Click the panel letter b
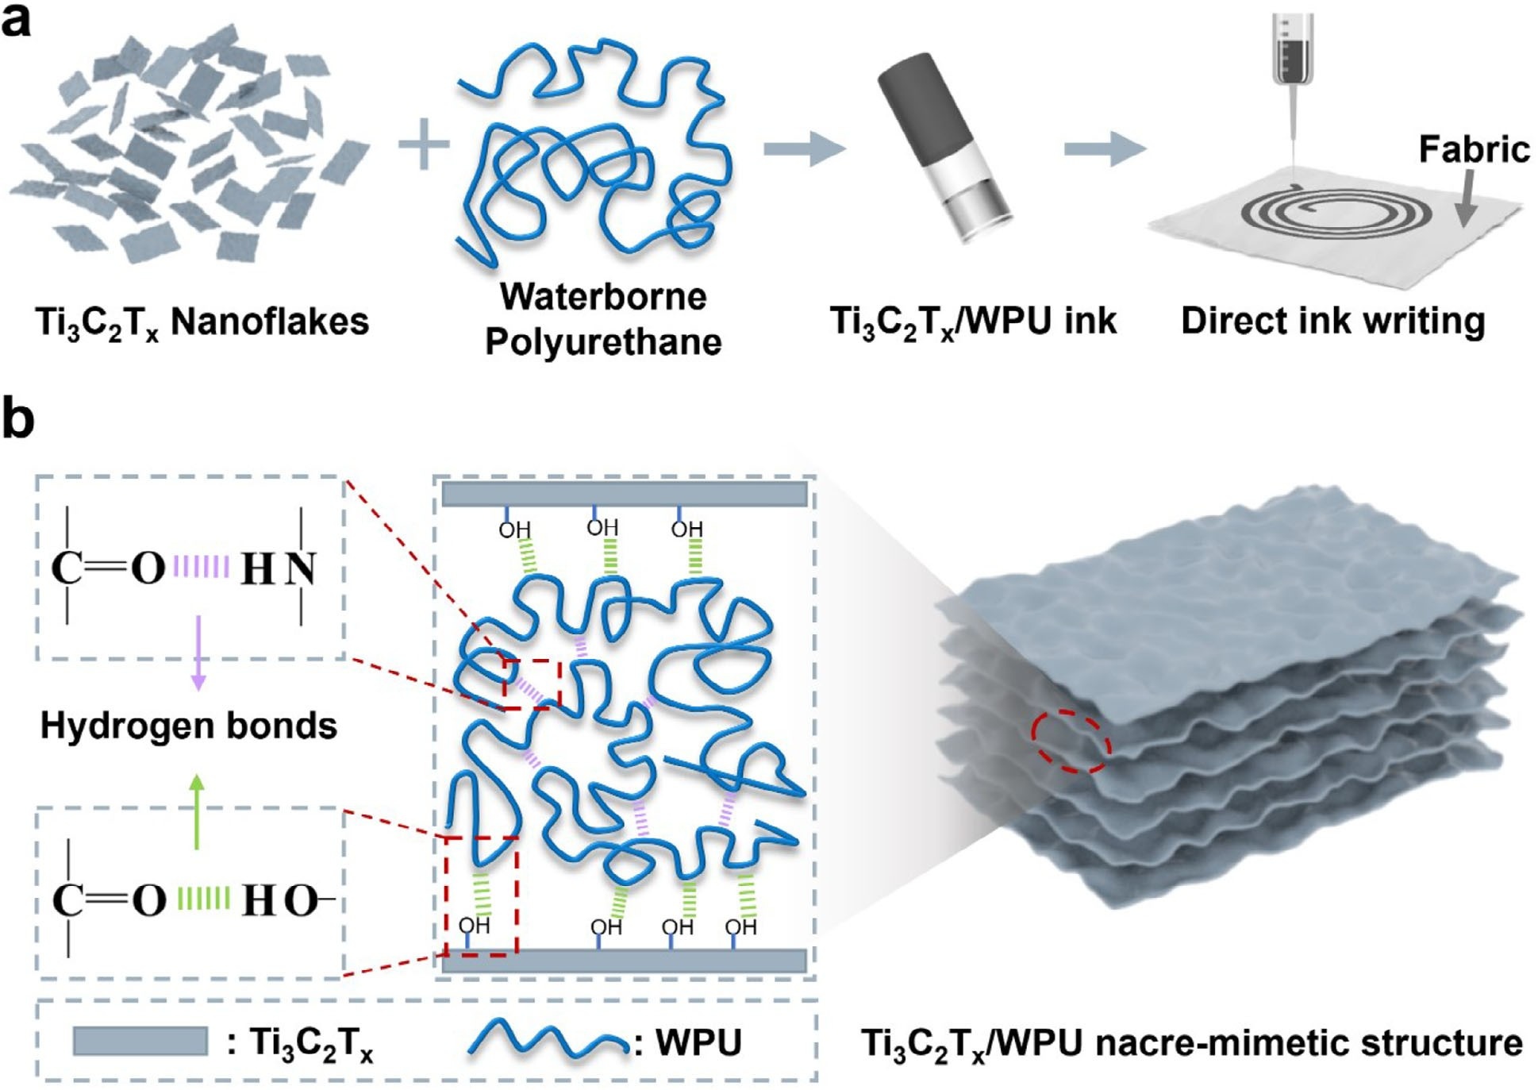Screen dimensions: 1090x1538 (x=17, y=420)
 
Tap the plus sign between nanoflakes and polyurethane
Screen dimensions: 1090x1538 (x=423, y=144)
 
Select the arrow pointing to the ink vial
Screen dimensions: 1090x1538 (x=803, y=148)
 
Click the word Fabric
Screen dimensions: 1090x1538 (x=1474, y=150)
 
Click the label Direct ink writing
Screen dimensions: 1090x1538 (x=1332, y=322)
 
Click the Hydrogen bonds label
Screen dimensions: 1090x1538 (x=189, y=726)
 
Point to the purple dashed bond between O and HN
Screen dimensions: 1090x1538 (x=202, y=567)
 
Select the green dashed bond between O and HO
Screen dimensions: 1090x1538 (x=203, y=899)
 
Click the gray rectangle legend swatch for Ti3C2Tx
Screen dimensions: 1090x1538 (x=140, y=1041)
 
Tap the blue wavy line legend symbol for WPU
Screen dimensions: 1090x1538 (x=548, y=1039)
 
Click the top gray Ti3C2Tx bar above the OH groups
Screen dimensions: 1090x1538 (x=624, y=494)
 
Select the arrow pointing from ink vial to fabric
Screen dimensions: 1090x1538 (x=1104, y=148)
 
